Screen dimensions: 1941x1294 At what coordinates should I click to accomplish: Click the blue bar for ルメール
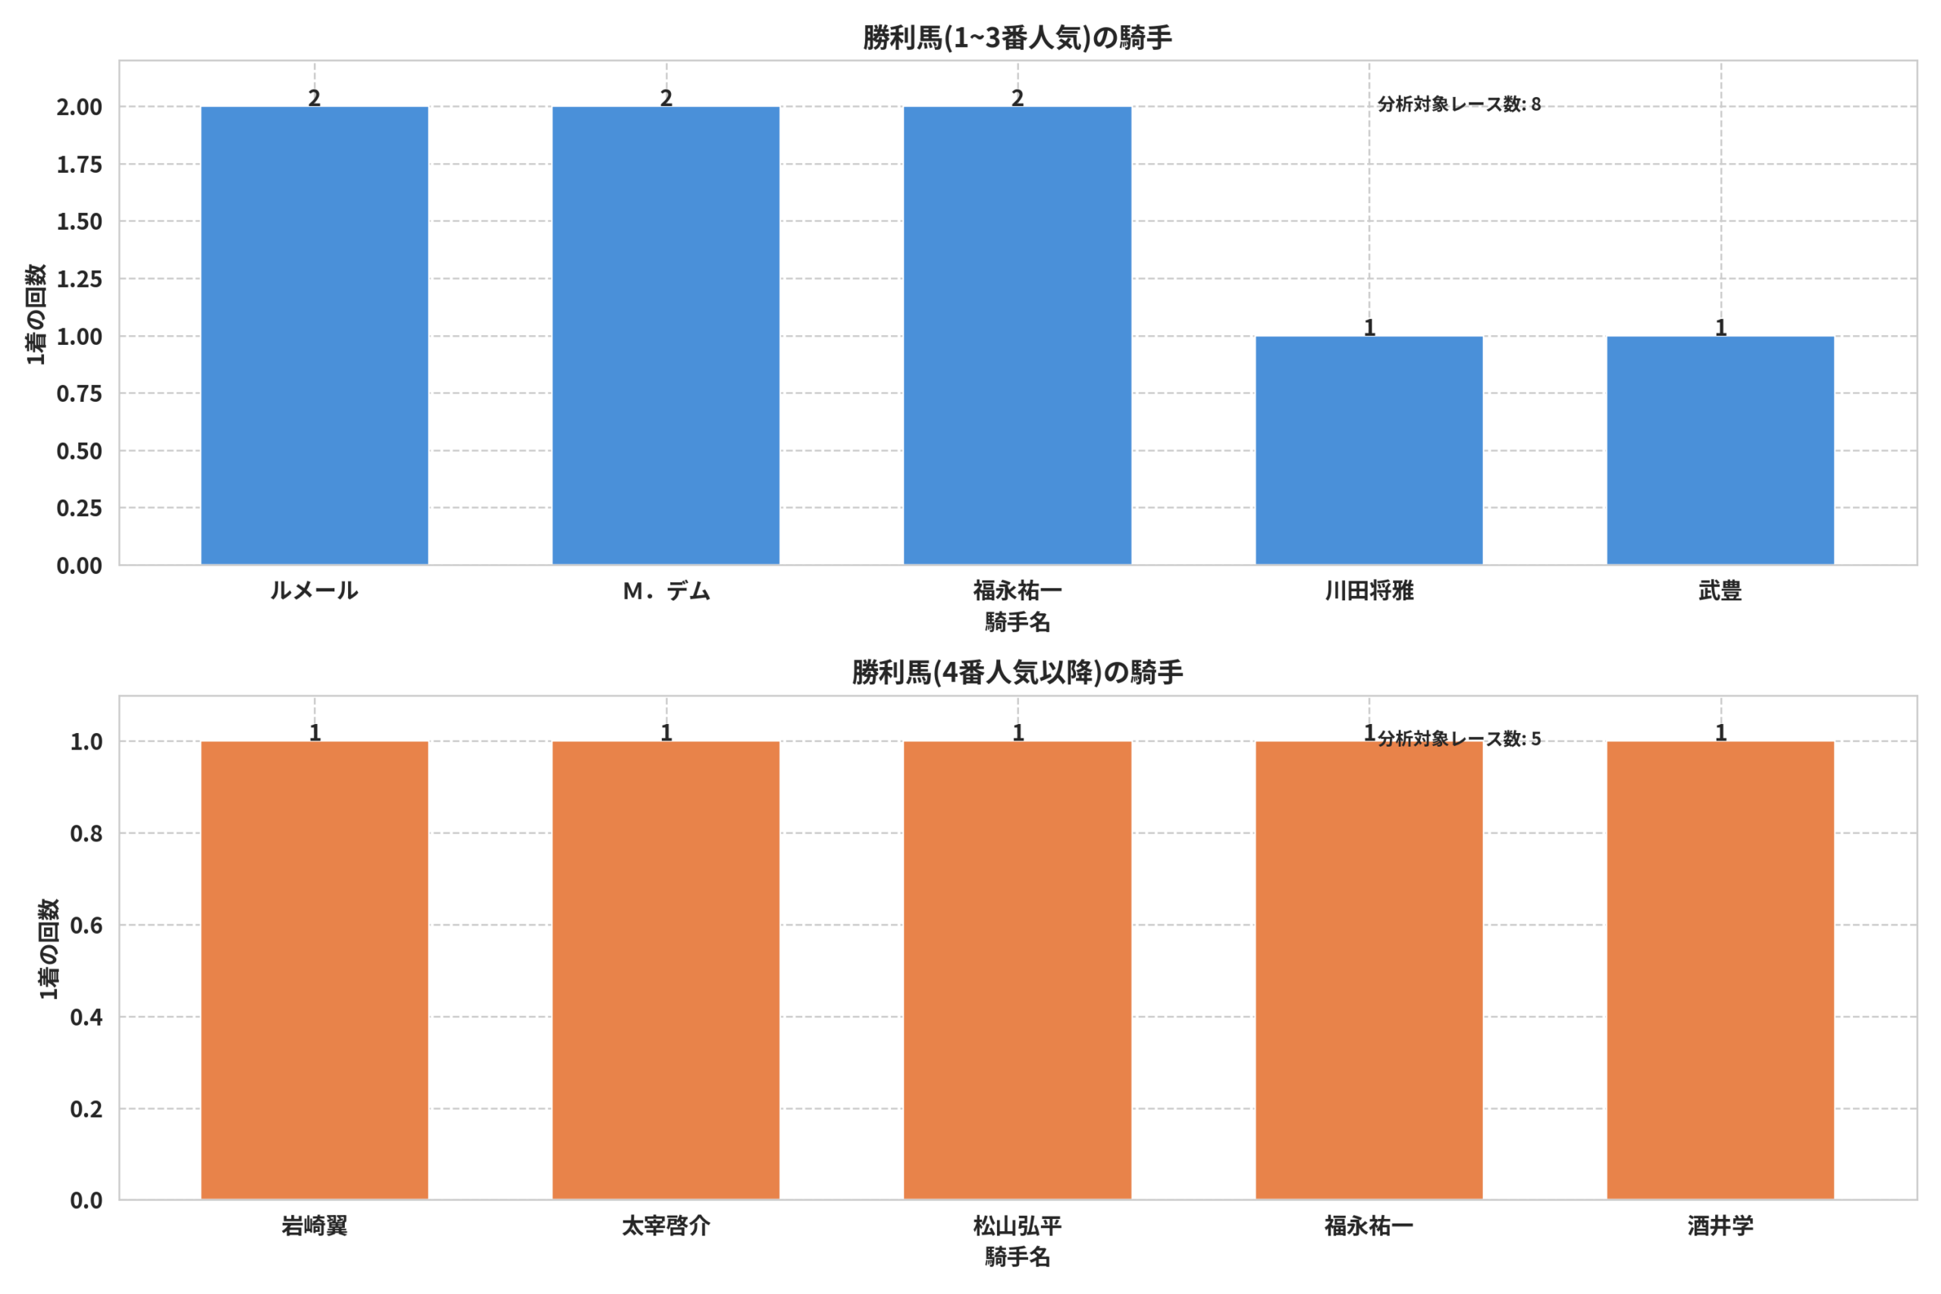coord(315,336)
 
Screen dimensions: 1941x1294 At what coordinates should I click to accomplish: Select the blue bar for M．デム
coord(666,336)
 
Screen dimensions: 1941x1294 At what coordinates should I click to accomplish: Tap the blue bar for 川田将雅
coord(1369,450)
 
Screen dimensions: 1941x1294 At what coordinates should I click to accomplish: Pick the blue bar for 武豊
coord(1720,450)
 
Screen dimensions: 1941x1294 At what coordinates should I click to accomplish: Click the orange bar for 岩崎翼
coord(315,970)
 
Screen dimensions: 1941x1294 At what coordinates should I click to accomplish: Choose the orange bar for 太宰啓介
coord(666,970)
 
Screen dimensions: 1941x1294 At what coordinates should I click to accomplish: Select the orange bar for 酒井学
coord(1720,970)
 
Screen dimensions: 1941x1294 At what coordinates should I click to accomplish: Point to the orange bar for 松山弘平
coord(1018,970)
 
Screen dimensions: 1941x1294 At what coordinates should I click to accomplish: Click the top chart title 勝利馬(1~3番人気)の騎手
coord(1018,38)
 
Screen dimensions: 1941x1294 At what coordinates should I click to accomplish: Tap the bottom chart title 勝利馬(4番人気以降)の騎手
coord(1018,672)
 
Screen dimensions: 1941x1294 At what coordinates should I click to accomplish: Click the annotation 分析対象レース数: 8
coord(1459,104)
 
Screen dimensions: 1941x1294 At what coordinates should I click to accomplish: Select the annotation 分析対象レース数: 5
coord(1459,738)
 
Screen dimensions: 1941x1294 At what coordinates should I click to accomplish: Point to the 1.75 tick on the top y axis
coord(79,164)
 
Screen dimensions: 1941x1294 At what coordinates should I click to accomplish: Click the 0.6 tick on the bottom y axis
coord(86,925)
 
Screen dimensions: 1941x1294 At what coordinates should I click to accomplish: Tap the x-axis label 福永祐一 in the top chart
coord(1018,591)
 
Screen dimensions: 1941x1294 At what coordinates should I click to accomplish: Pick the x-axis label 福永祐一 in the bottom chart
coord(1369,1227)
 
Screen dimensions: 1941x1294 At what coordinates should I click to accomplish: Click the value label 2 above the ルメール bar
coord(315,97)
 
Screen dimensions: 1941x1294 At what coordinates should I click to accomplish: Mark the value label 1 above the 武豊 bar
coord(1720,327)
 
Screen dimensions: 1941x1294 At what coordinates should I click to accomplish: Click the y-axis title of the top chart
coord(36,315)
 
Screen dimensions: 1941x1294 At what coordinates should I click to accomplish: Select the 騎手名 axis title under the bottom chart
coord(1018,1258)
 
